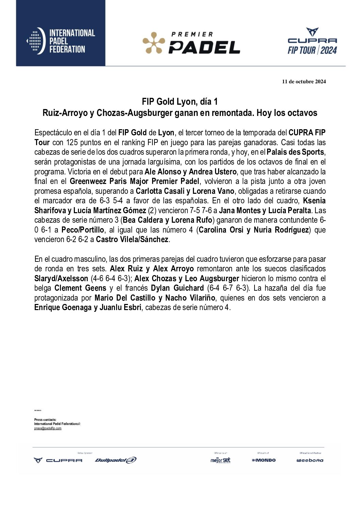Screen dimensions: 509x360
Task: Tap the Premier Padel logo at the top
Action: coord(191,43)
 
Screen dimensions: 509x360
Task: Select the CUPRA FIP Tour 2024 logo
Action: coord(312,41)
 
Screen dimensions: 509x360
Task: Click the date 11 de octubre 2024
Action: coord(304,82)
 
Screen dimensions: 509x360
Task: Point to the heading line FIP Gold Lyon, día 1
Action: coord(180,102)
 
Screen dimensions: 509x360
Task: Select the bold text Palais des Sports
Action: coord(295,152)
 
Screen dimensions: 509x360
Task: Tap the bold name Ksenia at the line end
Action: coord(314,201)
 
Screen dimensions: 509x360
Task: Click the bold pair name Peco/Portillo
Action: coord(82,230)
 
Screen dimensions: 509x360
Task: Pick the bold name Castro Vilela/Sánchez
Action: coord(132,239)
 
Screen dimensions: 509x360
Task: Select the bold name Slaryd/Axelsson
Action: coord(61,278)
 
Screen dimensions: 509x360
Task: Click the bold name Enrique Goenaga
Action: coord(63,308)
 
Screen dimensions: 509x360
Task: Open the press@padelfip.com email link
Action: coord(48,428)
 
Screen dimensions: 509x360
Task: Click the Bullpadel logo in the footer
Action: coord(116,460)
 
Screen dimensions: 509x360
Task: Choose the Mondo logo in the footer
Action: coord(264,460)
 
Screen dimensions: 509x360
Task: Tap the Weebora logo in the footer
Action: coord(310,460)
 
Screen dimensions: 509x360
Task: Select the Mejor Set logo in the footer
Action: coord(220,460)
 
